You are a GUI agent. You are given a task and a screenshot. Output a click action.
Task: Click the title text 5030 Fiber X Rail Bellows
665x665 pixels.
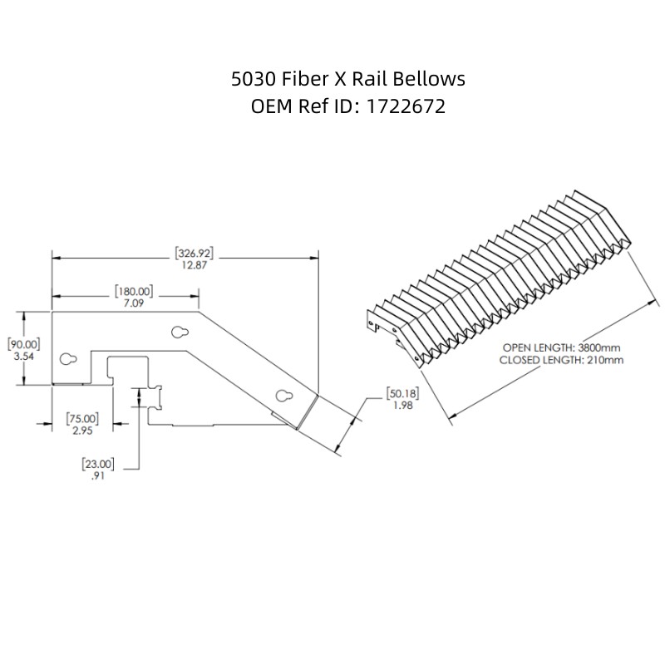pyautogui.click(x=347, y=79)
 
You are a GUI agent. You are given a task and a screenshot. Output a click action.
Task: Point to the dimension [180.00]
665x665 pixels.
pyautogui.click(x=133, y=291)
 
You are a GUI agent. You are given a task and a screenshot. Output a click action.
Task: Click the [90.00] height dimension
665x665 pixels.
pyautogui.click(x=24, y=342)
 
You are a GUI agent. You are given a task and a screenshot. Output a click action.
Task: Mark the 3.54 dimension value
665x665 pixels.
pyautogui.click(x=24, y=356)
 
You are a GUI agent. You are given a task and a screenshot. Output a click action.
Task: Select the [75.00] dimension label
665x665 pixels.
pyautogui.click(x=81, y=418)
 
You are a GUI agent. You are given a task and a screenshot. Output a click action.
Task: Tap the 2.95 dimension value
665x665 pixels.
pyautogui.click(x=81, y=431)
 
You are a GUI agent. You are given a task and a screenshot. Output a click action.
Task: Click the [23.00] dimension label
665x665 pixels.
pyautogui.click(x=98, y=463)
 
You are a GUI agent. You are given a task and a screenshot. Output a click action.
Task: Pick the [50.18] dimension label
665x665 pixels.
pyautogui.click(x=402, y=392)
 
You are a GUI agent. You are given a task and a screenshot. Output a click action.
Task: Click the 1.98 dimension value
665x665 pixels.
pyautogui.click(x=402, y=405)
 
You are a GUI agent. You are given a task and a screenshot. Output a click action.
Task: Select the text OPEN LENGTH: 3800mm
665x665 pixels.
pyautogui.click(x=563, y=347)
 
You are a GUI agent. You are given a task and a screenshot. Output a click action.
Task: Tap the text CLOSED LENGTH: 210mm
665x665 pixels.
pyautogui.click(x=561, y=360)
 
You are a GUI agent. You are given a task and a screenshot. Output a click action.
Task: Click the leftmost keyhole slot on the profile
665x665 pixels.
pyautogui.click(x=68, y=359)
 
